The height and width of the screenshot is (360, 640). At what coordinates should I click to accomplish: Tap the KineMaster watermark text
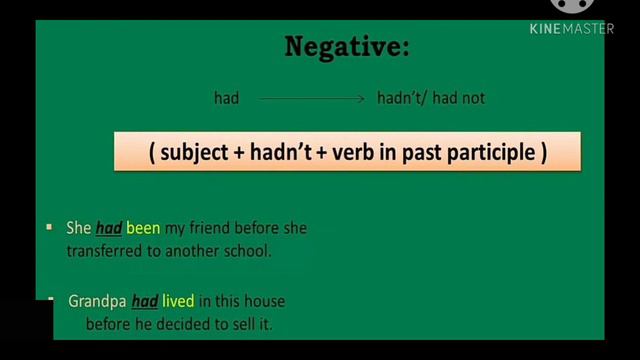point(571,29)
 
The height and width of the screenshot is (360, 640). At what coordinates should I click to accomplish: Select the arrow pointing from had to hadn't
point(312,98)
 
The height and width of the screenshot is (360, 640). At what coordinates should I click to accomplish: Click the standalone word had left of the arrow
point(227,98)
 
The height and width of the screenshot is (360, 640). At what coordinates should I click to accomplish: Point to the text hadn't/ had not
point(431,98)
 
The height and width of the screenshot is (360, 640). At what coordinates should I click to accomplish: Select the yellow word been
point(143,228)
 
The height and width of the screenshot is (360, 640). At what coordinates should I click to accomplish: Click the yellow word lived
point(178,300)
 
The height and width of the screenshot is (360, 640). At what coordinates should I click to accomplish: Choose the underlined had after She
point(108,228)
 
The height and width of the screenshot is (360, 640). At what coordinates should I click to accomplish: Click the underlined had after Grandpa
point(145,300)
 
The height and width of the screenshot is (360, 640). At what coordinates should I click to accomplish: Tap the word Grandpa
point(97,300)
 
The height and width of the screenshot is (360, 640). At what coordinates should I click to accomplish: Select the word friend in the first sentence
point(209,228)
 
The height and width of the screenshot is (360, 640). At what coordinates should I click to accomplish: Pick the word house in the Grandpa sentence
point(267,300)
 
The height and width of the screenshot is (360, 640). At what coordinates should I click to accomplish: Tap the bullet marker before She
point(49,228)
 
